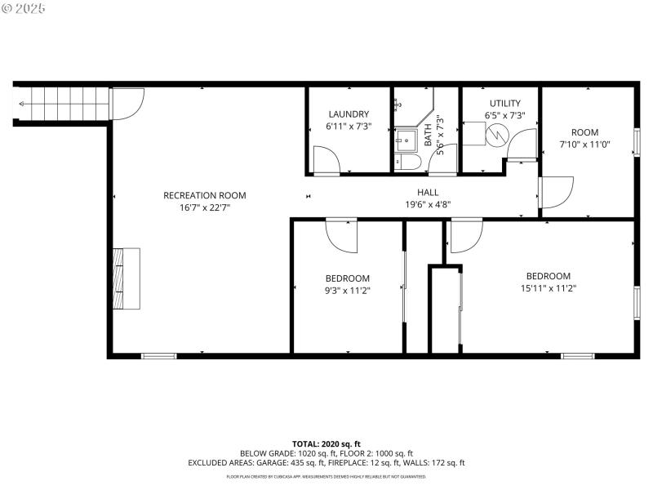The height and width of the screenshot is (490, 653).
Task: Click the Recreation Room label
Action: point(204,195)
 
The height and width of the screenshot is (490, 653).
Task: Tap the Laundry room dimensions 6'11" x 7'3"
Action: point(349,127)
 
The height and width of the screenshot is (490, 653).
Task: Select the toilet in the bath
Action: point(407,163)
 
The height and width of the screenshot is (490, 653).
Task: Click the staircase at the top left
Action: point(61,104)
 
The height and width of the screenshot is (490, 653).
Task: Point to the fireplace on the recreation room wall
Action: point(127,278)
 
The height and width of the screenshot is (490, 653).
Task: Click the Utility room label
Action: point(504,103)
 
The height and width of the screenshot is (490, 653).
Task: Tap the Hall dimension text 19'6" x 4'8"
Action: point(428,204)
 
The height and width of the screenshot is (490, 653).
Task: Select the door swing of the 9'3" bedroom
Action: point(340,235)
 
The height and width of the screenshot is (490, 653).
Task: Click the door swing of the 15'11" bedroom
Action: point(465,235)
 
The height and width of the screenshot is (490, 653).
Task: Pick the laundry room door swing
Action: point(326,159)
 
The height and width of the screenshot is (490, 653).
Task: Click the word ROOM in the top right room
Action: point(584,132)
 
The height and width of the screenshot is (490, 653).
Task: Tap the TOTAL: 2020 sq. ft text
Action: point(326,443)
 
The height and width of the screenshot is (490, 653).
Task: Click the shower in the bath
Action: point(406,140)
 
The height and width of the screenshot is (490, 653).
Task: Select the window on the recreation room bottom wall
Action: point(158,355)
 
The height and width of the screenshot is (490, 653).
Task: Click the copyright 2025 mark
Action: point(24,8)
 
